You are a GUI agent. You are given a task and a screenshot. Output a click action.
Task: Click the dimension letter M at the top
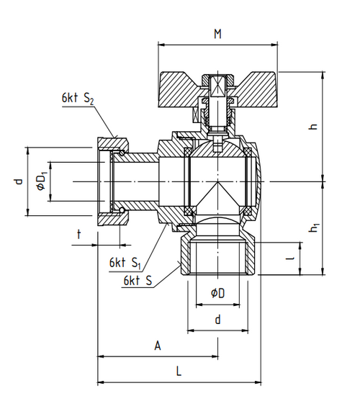tap(217, 34)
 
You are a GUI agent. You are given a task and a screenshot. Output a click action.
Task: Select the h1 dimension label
tap(314, 228)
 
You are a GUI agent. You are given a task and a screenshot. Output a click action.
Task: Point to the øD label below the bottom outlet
tap(217, 294)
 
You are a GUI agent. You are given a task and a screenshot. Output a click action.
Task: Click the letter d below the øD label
tap(217, 319)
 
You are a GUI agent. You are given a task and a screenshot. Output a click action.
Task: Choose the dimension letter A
tap(158, 346)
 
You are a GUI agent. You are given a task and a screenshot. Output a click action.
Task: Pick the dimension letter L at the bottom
tap(179, 372)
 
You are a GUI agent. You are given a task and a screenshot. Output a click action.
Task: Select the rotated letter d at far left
tap(19, 181)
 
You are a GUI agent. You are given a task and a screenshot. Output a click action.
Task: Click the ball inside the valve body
tap(218, 180)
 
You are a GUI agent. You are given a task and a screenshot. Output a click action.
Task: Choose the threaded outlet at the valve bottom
tap(217, 256)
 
